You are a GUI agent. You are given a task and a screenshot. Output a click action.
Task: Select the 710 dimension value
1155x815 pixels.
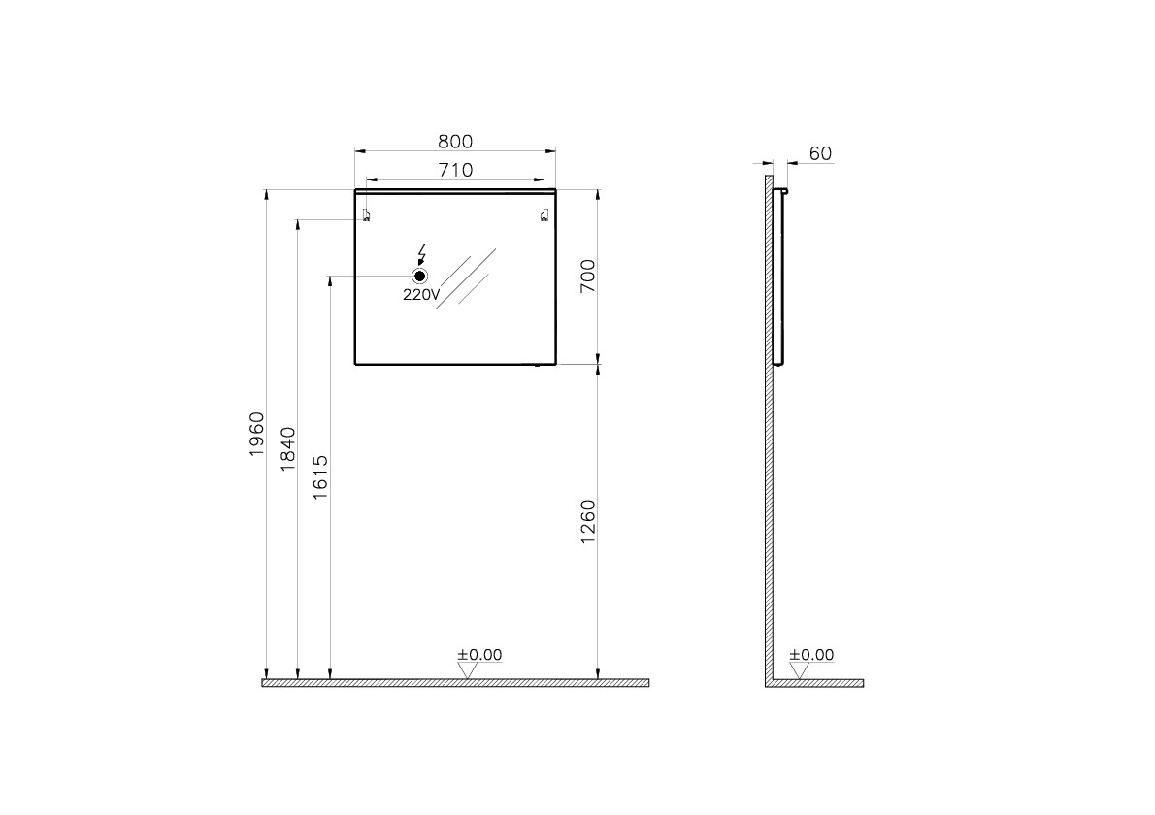[455, 171]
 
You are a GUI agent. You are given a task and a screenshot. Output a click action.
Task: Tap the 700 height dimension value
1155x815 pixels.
[586, 277]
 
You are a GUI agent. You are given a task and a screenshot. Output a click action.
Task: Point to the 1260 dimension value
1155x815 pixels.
[587, 522]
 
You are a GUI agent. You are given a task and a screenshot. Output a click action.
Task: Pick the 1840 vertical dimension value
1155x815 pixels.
[288, 448]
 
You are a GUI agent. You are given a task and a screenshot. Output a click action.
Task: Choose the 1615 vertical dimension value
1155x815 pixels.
[321, 477]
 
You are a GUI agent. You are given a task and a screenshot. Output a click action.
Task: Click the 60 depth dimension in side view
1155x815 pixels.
[820, 153]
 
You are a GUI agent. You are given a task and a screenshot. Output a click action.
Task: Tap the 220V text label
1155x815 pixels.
[421, 296]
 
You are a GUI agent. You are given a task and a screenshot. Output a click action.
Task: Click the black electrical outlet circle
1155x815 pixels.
[420, 277]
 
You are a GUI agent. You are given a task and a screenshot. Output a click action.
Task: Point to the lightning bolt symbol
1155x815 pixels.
[421, 254]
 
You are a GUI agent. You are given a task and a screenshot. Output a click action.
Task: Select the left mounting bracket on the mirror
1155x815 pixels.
[366, 215]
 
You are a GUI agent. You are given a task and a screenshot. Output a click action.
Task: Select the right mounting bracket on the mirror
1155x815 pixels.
[544, 215]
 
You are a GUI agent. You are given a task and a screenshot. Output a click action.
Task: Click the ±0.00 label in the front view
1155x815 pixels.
[480, 655]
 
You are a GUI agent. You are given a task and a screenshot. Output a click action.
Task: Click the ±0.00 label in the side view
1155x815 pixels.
[811, 655]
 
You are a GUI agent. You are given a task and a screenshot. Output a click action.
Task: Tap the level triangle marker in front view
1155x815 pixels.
[467, 669]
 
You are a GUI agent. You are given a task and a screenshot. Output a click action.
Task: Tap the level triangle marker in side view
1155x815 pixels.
[799, 669]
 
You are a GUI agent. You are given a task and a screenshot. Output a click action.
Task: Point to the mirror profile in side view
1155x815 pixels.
[777, 277]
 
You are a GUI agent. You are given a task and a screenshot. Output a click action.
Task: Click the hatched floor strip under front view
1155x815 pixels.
[455, 683]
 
